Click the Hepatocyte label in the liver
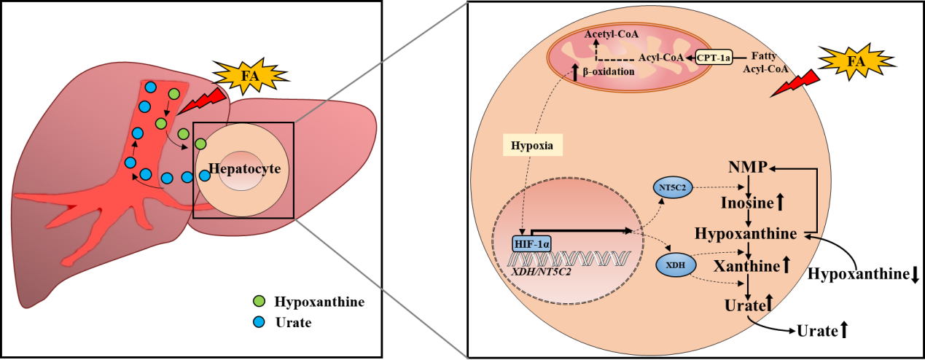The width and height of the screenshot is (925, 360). click(244, 169)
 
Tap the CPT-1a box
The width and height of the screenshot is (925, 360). click(713, 56)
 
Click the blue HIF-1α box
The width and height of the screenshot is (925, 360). click(531, 243)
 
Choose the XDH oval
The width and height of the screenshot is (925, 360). click(676, 265)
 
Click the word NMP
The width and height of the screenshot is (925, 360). click(747, 168)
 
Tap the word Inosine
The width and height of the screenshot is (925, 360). click(747, 202)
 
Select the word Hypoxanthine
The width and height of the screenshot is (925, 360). click(747, 234)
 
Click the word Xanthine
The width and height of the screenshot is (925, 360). click(746, 267)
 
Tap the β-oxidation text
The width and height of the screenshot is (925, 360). click(608, 71)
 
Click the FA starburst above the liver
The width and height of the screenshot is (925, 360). click(249, 75)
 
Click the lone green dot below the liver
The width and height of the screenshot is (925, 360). click(258, 301)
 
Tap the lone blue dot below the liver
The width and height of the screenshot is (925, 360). click(258, 321)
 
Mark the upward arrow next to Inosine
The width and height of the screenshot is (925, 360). click(781, 202)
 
